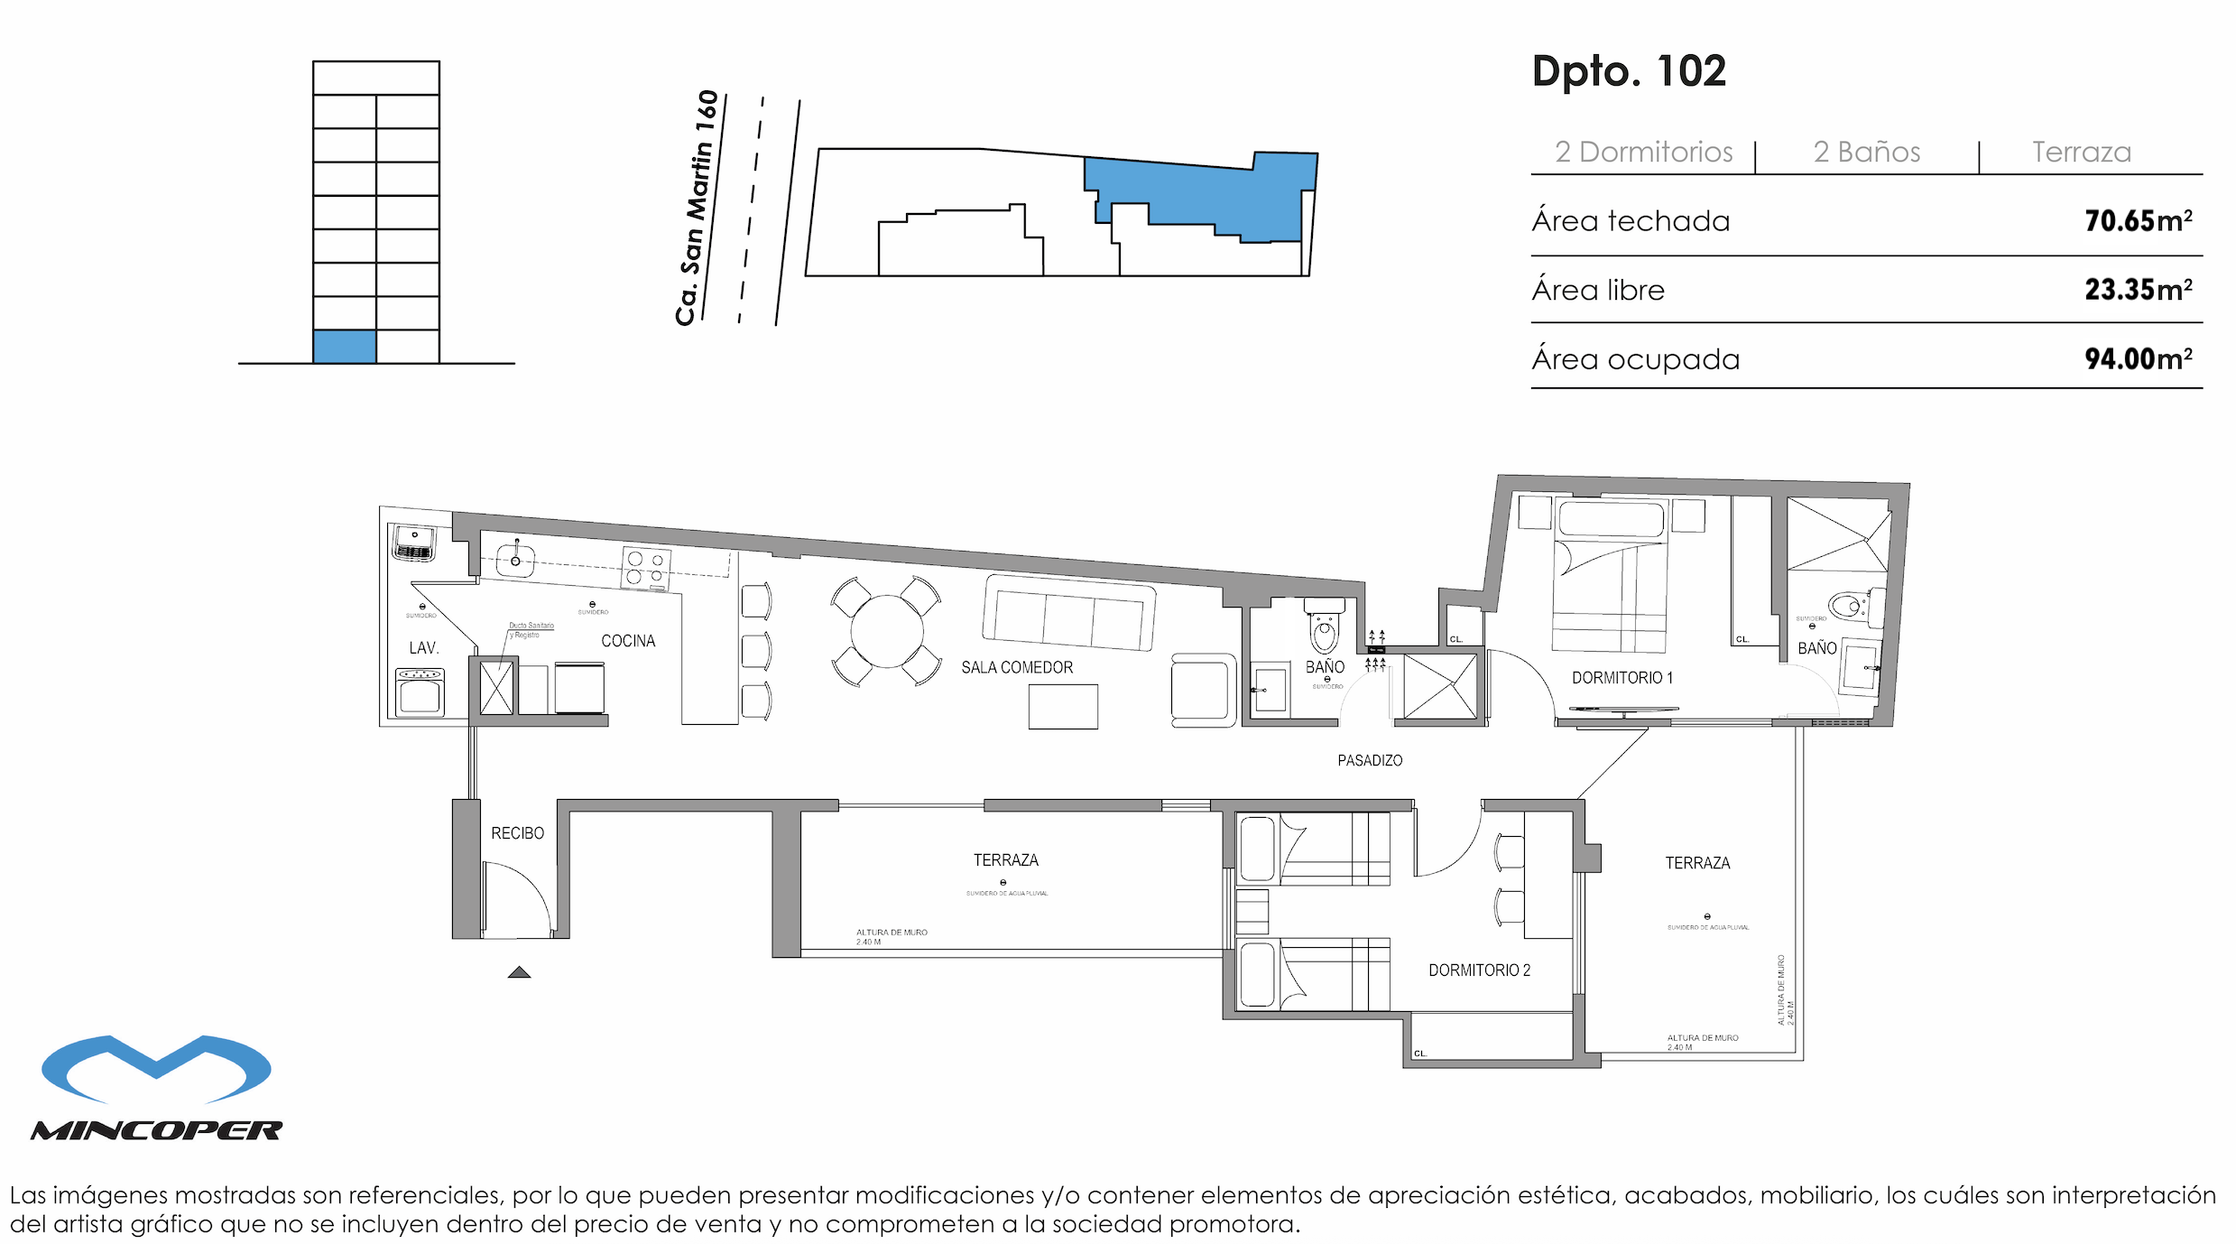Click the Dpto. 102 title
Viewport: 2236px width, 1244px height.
click(x=1629, y=71)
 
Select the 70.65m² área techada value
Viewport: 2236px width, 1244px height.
click(x=2137, y=221)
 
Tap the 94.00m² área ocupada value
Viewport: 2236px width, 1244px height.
click(x=2137, y=359)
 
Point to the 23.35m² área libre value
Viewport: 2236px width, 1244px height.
click(x=2137, y=290)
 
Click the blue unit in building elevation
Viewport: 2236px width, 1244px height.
click(x=345, y=347)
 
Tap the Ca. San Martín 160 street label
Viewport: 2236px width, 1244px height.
click(x=697, y=208)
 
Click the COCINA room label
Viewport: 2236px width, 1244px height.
click(x=628, y=641)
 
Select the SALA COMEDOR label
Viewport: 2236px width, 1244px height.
click(x=1017, y=668)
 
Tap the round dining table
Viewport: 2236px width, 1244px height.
click(x=886, y=631)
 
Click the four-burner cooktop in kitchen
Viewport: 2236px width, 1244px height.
click(x=646, y=568)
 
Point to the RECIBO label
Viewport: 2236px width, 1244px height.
click(x=517, y=833)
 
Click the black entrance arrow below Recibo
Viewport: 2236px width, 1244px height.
click(x=519, y=972)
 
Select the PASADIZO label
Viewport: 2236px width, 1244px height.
click(x=1370, y=761)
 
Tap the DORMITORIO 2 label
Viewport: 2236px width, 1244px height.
click(x=1479, y=970)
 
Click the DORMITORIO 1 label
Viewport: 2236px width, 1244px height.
click(x=1622, y=678)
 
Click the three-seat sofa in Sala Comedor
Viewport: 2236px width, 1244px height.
click(x=1068, y=614)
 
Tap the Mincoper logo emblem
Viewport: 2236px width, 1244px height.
click(x=156, y=1070)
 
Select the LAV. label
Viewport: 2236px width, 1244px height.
click(x=424, y=648)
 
